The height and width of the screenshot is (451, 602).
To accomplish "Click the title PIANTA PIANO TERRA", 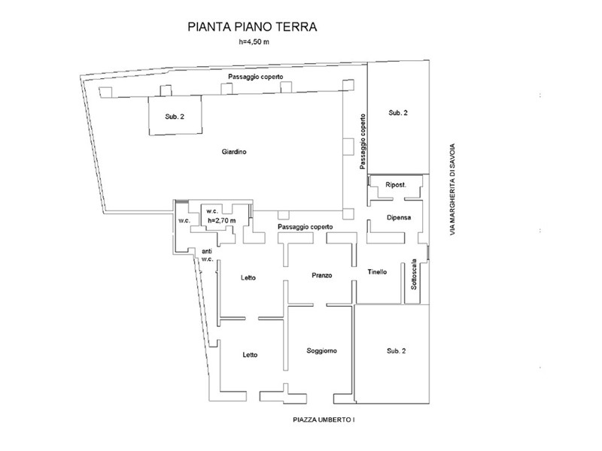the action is (x=252, y=27).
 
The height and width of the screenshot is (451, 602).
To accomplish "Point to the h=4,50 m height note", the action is (x=254, y=42).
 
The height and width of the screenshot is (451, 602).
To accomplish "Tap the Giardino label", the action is (x=234, y=152).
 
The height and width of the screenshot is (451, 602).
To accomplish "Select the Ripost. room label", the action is (x=396, y=185).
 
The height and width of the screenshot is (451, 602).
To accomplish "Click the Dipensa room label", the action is (x=399, y=217).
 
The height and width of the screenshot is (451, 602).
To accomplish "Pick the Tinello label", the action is (x=377, y=272).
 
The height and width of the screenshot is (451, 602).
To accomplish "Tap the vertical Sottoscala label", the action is (x=414, y=274).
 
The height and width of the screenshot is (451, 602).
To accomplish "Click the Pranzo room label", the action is (x=322, y=275).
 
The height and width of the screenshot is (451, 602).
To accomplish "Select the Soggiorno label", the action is (x=322, y=351).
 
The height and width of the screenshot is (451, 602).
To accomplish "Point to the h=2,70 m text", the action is (x=221, y=221).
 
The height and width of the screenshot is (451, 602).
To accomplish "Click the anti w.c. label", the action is (x=208, y=256).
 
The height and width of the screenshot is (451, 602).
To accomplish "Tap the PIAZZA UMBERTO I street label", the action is (x=324, y=420).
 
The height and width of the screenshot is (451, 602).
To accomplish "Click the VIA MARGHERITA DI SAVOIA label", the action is (x=453, y=189).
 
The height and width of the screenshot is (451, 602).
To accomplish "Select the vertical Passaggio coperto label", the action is (x=363, y=141).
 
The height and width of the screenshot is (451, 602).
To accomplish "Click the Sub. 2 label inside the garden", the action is (x=175, y=117).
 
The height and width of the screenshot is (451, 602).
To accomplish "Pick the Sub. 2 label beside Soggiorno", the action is (x=397, y=351).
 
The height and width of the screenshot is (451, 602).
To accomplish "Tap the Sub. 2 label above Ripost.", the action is (x=398, y=113).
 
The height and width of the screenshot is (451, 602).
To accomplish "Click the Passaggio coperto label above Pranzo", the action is (x=306, y=227).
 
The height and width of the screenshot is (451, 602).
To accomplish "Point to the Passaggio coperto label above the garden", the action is (x=256, y=77).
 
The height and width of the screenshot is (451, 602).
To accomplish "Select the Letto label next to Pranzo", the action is (x=248, y=277).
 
